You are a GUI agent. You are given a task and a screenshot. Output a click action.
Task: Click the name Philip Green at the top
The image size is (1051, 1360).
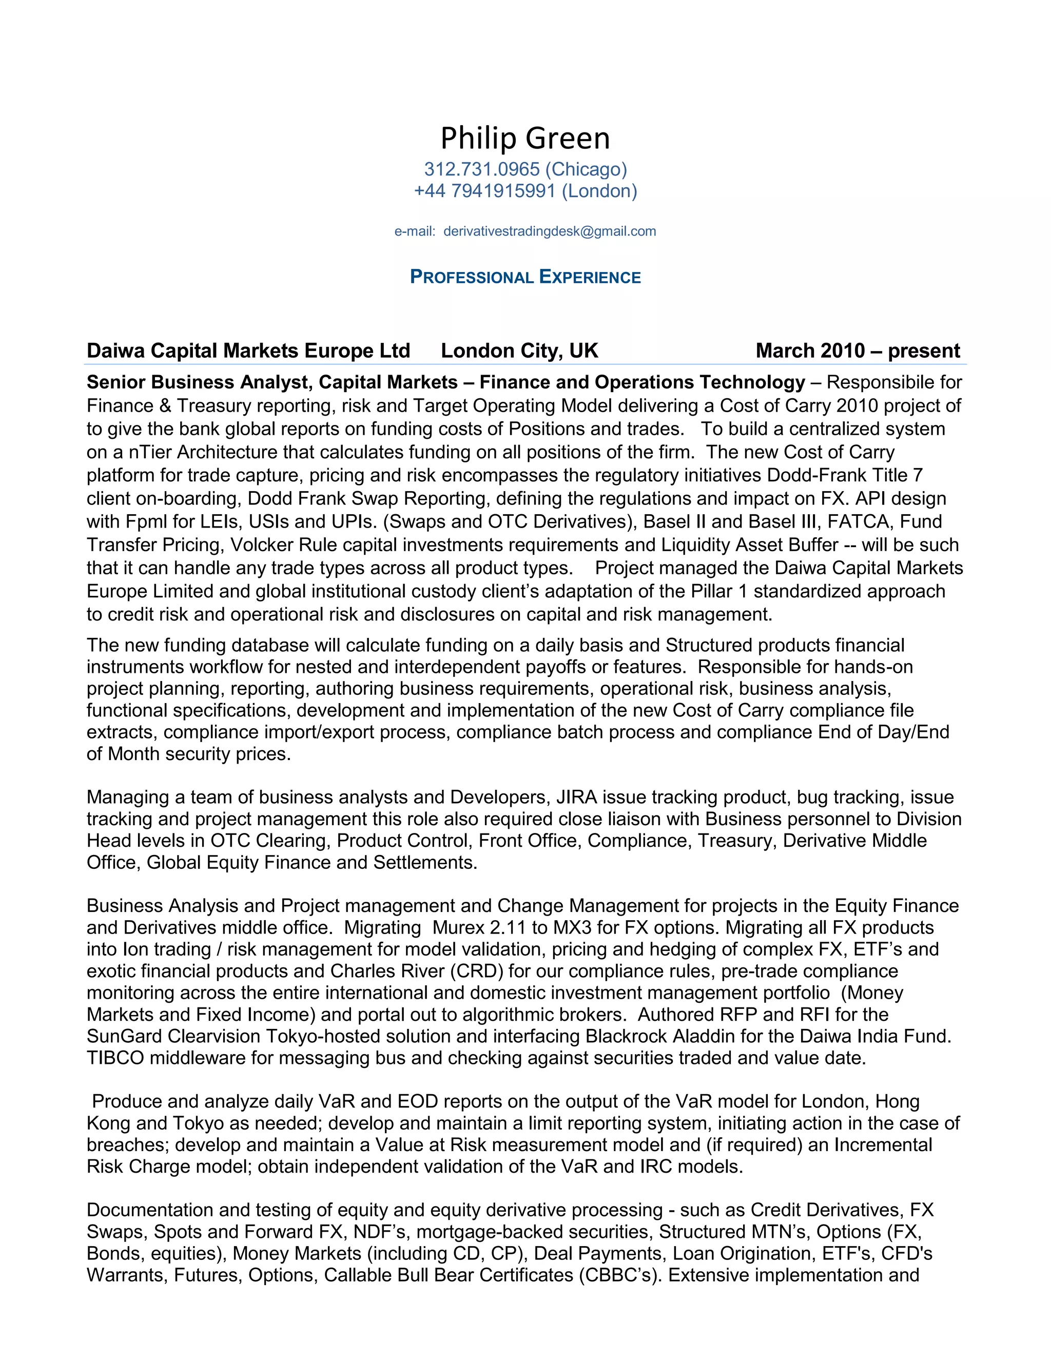point(525,138)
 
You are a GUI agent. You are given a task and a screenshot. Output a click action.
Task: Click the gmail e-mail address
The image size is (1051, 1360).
point(549,231)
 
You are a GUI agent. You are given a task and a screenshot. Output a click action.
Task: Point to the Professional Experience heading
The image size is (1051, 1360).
point(525,277)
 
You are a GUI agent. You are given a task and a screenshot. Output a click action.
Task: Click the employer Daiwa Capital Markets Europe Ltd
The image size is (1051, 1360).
point(248,351)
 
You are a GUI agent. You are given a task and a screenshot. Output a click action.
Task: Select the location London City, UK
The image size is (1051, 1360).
point(519,351)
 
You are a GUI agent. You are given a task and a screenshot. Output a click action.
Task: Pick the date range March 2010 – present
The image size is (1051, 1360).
point(858,351)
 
